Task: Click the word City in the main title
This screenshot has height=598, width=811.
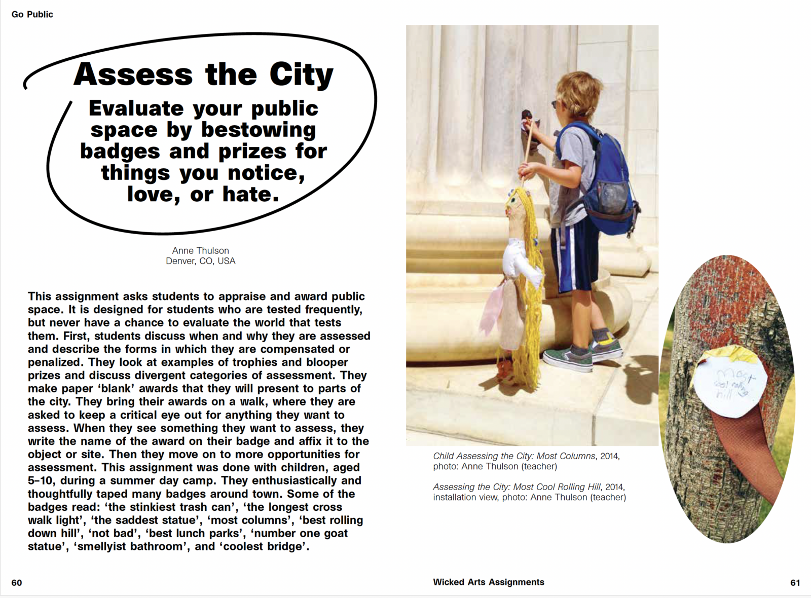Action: tap(301, 75)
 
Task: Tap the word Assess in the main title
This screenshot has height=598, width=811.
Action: tap(133, 75)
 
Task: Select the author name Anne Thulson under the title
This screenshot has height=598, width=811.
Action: tap(200, 250)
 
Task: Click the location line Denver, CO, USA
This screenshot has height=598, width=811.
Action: tap(200, 261)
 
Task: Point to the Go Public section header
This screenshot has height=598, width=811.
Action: tap(32, 14)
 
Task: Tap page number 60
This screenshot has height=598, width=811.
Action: tap(17, 583)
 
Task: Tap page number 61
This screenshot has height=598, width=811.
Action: tap(795, 583)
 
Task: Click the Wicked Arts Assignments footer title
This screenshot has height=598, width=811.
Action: tap(488, 582)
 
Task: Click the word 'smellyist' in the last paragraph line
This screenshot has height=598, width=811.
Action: tap(104, 547)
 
